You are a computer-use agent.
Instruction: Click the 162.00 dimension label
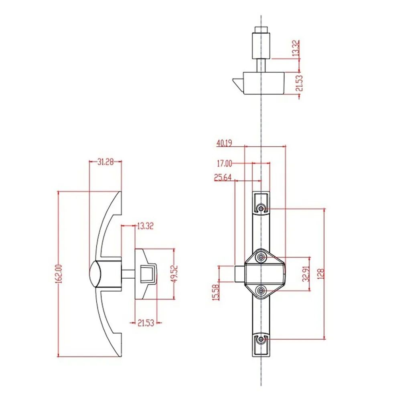[x=59, y=273]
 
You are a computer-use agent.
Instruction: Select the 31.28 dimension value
[x=105, y=162]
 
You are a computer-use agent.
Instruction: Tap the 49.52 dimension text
[x=175, y=274]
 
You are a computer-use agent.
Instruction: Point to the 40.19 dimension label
[x=224, y=144]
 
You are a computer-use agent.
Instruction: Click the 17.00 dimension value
[x=224, y=164]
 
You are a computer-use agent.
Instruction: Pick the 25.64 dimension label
[x=223, y=178]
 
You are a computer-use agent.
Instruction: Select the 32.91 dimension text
[x=306, y=274]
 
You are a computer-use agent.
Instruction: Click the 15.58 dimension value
[x=216, y=292]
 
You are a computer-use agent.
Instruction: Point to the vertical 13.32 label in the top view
[x=296, y=48]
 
